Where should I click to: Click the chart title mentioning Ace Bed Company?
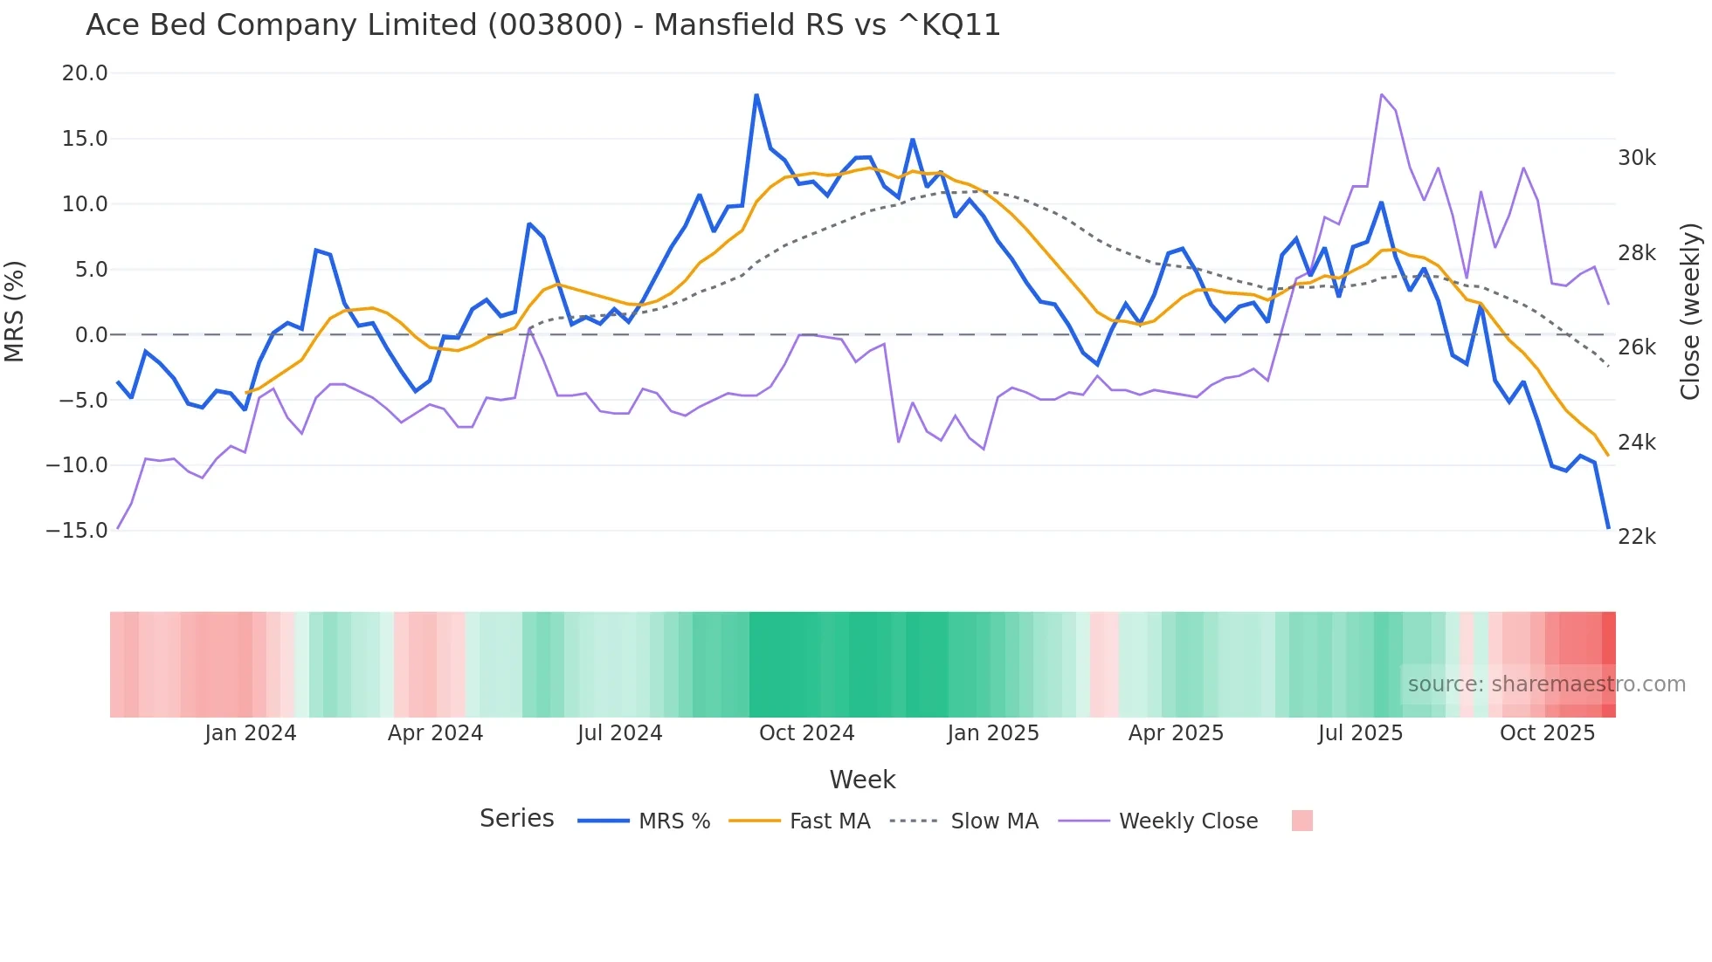(x=542, y=25)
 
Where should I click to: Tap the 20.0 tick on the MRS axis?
(x=85, y=73)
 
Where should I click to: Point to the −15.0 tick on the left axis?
(x=78, y=531)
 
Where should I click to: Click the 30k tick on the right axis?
(x=1636, y=158)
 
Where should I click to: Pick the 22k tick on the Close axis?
(x=1636, y=537)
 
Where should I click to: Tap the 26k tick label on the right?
(x=1636, y=347)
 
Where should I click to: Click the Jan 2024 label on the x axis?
(x=251, y=733)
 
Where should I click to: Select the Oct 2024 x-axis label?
(x=806, y=733)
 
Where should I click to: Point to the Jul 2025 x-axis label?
(x=1360, y=733)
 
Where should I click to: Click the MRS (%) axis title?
(x=15, y=311)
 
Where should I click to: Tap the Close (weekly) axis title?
(x=1690, y=311)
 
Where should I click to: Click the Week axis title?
(x=862, y=780)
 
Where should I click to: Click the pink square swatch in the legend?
(x=1301, y=821)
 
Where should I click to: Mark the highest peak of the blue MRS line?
(x=756, y=94)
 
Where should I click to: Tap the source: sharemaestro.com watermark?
(x=1546, y=684)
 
